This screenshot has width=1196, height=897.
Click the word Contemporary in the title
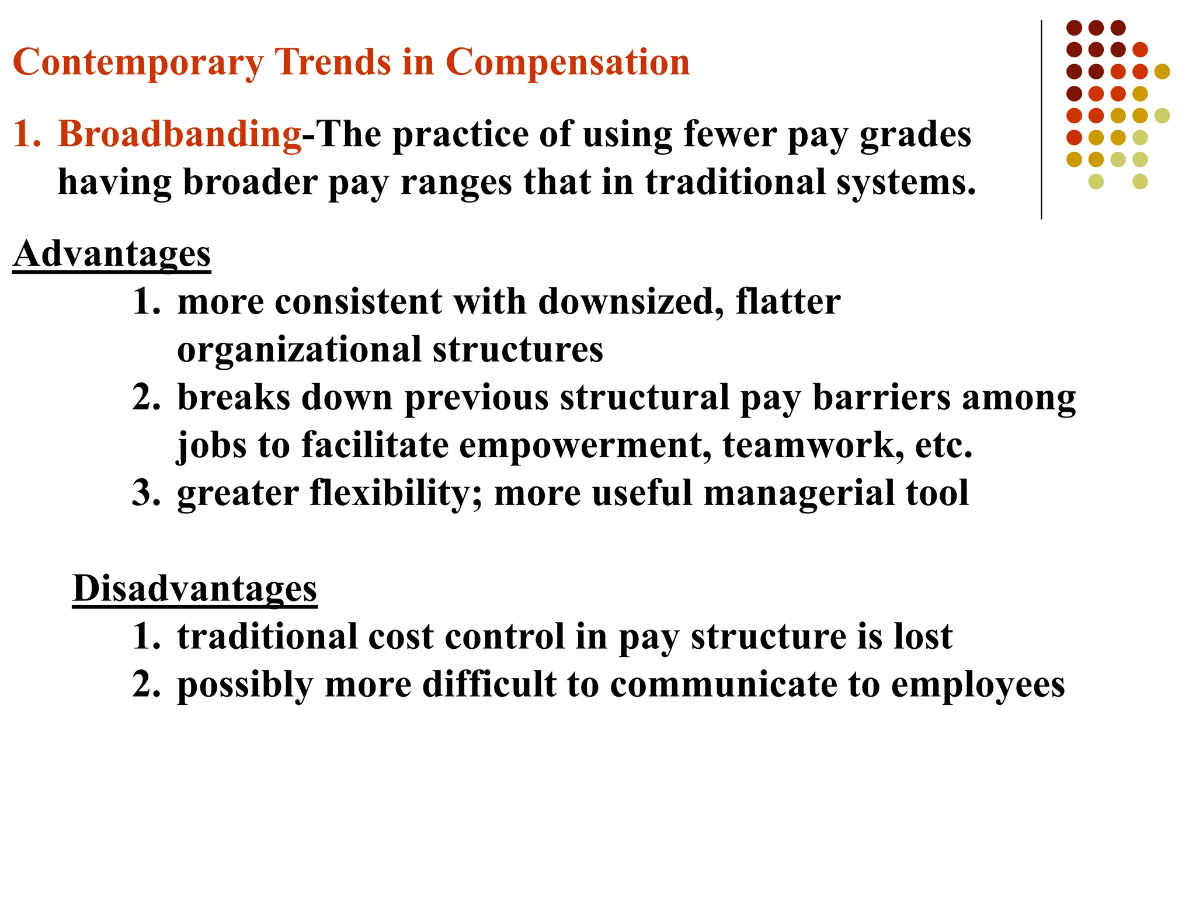click(x=138, y=63)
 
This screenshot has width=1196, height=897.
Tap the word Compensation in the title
click(x=567, y=63)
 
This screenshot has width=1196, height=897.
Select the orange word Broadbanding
click(x=179, y=134)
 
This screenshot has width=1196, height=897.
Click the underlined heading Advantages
click(x=112, y=255)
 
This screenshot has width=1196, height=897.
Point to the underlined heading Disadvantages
click(x=194, y=589)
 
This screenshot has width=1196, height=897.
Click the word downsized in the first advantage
click(x=631, y=303)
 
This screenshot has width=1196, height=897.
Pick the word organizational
click(x=300, y=350)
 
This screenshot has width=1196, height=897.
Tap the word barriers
click(x=882, y=398)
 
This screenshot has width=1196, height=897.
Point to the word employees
click(x=978, y=686)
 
